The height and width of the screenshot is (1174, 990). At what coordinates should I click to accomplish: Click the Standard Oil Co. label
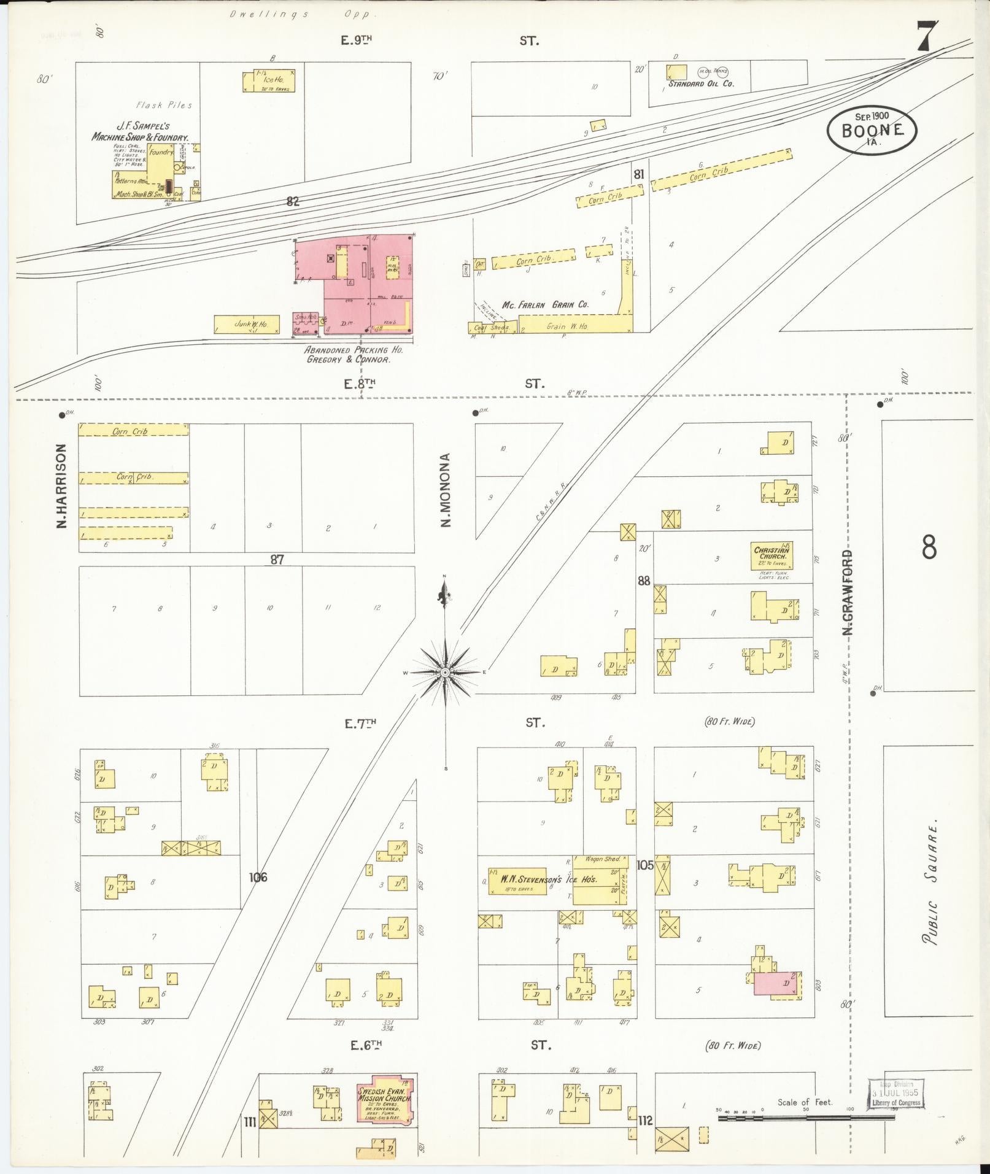701,83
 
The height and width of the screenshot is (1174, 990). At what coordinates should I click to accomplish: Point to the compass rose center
446,673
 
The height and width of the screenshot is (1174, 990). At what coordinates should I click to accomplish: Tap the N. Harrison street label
61,486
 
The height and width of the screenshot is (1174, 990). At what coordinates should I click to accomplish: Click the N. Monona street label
446,490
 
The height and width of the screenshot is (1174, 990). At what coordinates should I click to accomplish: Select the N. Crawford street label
848,592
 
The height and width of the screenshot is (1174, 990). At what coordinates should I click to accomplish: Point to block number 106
258,877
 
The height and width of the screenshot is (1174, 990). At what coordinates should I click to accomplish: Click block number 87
277,559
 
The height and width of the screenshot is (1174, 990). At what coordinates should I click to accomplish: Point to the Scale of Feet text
804,1102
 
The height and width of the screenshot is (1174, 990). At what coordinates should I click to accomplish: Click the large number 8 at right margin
929,547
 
